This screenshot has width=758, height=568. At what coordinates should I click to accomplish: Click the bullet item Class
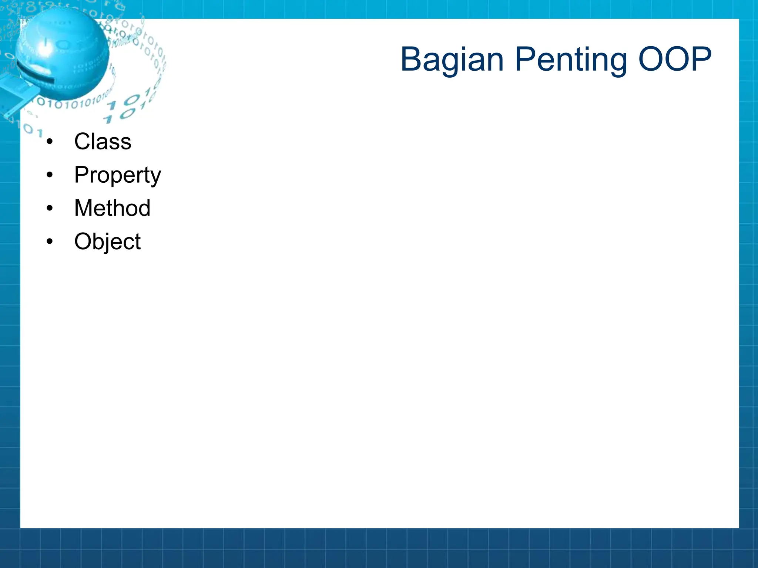coord(103,141)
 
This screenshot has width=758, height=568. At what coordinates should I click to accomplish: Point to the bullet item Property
coord(117,175)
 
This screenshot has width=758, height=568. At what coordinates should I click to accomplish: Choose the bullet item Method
coord(112,208)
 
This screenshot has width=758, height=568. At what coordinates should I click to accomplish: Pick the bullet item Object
coord(107,242)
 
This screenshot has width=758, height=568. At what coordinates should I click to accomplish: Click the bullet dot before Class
coord(50,141)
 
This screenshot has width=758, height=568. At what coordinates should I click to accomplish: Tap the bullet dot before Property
coord(50,175)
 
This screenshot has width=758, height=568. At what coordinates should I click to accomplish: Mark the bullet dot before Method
coord(50,208)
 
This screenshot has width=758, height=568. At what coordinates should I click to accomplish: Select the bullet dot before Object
coord(50,241)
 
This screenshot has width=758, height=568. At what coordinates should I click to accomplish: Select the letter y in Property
coord(156,177)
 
